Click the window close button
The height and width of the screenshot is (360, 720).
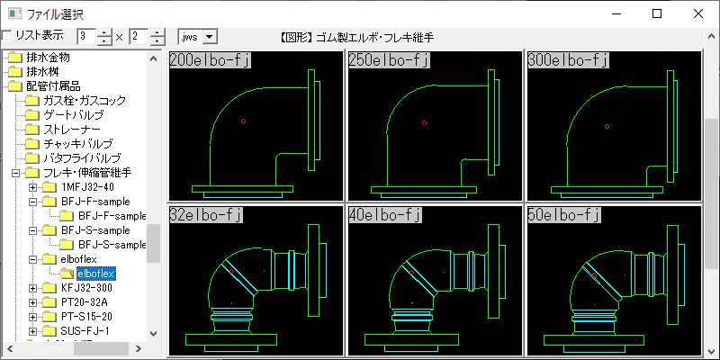(x=697, y=13)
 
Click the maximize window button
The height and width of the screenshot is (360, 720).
(x=656, y=13)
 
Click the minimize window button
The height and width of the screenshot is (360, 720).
(x=615, y=13)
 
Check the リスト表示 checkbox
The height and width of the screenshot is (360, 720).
(x=7, y=36)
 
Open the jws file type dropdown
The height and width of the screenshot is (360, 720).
(x=211, y=36)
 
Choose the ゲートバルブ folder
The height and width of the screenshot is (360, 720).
(x=73, y=115)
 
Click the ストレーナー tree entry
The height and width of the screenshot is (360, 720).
(x=73, y=130)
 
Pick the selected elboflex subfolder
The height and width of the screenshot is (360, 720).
(x=93, y=273)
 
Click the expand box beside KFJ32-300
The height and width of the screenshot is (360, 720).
(x=33, y=288)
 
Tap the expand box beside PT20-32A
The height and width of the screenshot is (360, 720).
(x=33, y=302)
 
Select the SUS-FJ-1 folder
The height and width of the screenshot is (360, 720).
(x=85, y=331)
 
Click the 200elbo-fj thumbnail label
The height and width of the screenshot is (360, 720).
(x=209, y=60)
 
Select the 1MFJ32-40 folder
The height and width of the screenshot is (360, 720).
(x=87, y=187)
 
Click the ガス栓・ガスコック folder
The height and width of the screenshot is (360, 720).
(x=90, y=101)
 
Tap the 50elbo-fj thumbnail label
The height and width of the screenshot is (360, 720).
(x=564, y=215)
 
